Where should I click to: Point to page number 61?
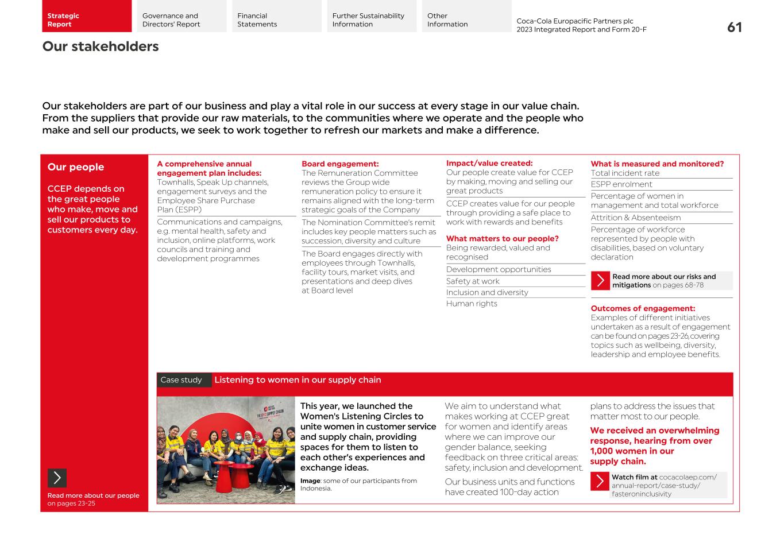pos(734,28)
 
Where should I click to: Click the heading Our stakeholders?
pos(101,47)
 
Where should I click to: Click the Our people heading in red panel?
pos(76,167)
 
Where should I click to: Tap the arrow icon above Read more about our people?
pos(57,478)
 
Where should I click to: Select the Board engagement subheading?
pos(340,164)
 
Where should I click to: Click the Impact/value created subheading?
pos(489,164)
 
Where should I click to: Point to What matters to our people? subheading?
pos(502,239)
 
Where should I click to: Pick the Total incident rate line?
pos(625,173)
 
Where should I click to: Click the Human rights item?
pos(472,304)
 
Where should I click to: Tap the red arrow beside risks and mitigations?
pos(600,281)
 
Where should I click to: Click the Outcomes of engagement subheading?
pos(643,308)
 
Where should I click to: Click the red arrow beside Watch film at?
pos(600,481)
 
